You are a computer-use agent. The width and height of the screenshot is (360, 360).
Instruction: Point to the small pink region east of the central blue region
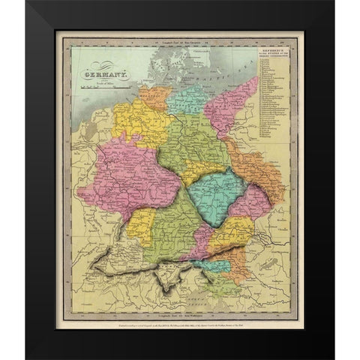pyautogui.click(x=256, y=202)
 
